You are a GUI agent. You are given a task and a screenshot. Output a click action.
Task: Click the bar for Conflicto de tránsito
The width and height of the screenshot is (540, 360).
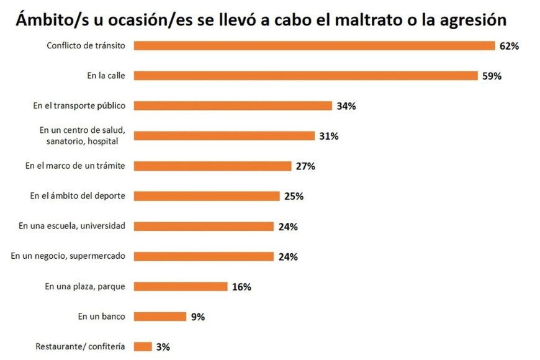(313, 45)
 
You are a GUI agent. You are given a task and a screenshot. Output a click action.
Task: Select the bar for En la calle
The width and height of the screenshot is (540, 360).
(304, 76)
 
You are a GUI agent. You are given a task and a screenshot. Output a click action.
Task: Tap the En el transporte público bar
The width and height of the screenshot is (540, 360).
(233, 106)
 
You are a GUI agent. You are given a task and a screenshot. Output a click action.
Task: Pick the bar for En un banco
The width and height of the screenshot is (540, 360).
(160, 316)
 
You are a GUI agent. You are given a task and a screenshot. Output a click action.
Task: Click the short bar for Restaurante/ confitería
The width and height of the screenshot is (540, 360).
(143, 346)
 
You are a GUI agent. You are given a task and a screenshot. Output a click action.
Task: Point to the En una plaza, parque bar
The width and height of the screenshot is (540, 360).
(181, 286)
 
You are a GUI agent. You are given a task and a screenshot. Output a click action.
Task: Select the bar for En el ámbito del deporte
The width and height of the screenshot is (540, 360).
(207, 196)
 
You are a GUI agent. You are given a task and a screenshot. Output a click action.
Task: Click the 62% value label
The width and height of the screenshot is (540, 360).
(510, 46)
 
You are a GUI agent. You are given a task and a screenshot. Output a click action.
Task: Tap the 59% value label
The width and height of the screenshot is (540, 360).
(491, 76)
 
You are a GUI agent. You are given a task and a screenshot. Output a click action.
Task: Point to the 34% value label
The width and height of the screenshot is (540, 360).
(346, 106)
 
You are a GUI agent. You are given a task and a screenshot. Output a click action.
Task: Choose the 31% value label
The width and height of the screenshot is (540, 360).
(328, 136)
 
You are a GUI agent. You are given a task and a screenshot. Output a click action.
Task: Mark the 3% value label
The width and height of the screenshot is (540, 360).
(163, 347)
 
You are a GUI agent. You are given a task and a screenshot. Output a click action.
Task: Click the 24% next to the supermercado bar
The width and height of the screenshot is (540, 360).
(288, 256)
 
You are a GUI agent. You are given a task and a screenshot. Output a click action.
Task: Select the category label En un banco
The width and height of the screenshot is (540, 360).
(102, 316)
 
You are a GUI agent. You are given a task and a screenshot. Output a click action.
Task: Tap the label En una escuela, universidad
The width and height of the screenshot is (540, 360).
(72, 226)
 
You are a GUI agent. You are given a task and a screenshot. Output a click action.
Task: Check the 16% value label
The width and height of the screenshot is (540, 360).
(241, 287)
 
